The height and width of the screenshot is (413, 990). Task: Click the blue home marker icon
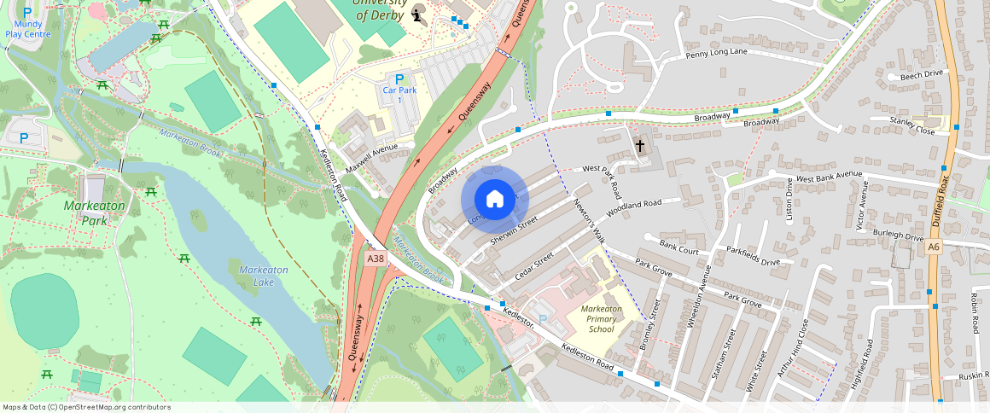[495, 199]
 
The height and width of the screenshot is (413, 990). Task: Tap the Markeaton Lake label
[264, 276]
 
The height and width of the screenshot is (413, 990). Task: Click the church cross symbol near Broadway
[640, 145]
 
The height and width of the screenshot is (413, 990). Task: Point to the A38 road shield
[375, 257]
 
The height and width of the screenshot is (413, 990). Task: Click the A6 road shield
[934, 247]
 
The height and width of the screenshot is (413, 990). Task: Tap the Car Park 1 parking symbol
[399, 79]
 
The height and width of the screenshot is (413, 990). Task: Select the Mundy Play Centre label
[28, 29]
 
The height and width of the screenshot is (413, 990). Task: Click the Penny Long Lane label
[716, 55]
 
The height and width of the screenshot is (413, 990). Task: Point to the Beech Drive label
[923, 74]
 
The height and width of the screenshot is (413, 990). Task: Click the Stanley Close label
[912, 126]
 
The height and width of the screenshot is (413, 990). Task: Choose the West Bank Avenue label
[830, 179]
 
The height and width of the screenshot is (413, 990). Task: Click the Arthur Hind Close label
[792, 346]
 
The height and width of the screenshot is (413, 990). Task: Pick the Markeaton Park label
[94, 212]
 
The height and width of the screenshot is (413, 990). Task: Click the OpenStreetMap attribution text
[87, 407]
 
